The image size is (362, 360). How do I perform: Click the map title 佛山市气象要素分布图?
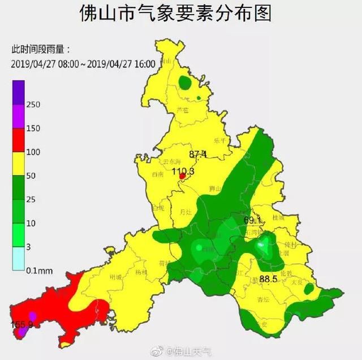181,12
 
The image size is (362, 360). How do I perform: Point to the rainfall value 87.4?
198,154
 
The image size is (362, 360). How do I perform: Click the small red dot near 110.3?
182,177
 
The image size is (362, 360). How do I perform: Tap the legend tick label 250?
35,105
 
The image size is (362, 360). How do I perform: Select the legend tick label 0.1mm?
40,271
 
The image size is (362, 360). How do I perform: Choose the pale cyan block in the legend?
19,259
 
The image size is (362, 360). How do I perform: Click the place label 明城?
115,276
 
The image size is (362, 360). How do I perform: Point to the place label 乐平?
219,143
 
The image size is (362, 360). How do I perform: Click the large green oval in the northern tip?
185,84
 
